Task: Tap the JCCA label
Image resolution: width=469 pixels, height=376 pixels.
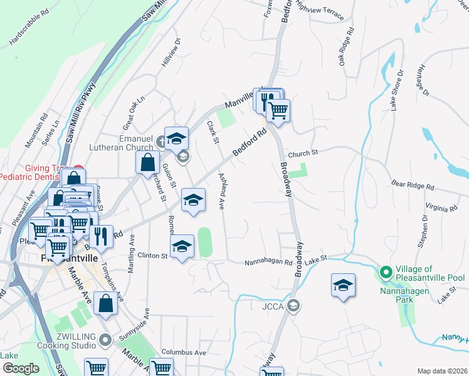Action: pyautogui.click(x=275, y=306)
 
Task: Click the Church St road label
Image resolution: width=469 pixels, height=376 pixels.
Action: pyautogui.click(x=303, y=152)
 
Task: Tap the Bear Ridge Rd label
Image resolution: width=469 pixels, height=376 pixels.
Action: pyautogui.click(x=413, y=186)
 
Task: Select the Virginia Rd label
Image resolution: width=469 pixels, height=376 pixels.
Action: pyautogui.click(x=440, y=207)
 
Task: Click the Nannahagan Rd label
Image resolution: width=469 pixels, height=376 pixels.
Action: pyautogui.click(x=268, y=262)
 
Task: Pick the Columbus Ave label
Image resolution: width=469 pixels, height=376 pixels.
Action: pyautogui.click(x=184, y=352)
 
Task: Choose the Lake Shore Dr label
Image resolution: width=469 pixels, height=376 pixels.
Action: pyautogui.click(x=397, y=89)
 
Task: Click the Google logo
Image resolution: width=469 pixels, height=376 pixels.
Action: pyautogui.click(x=21, y=368)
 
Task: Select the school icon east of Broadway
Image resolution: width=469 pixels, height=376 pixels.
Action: pyautogui.click(x=343, y=286)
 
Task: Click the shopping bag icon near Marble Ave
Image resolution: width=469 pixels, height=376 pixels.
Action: pyautogui.click(x=106, y=303)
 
